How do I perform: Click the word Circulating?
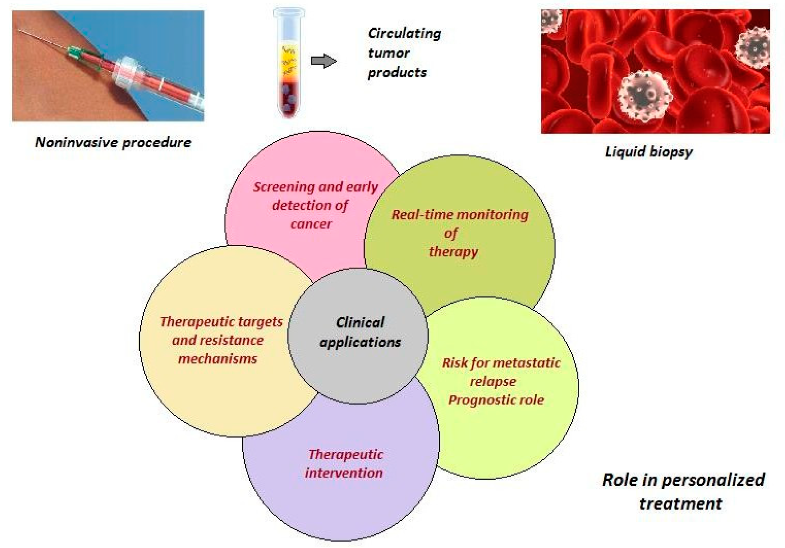point(405,34)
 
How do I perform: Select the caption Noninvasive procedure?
point(113,142)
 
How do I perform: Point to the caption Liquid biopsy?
point(649,151)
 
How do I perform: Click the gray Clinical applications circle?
point(358,336)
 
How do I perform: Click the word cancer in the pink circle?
point(311,224)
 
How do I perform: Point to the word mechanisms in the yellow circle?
point(218,359)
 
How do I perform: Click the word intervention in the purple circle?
point(344,473)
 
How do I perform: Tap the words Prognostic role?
point(496,400)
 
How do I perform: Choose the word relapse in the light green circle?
point(493,382)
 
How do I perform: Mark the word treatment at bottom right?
point(680,504)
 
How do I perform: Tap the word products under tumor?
point(397,73)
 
